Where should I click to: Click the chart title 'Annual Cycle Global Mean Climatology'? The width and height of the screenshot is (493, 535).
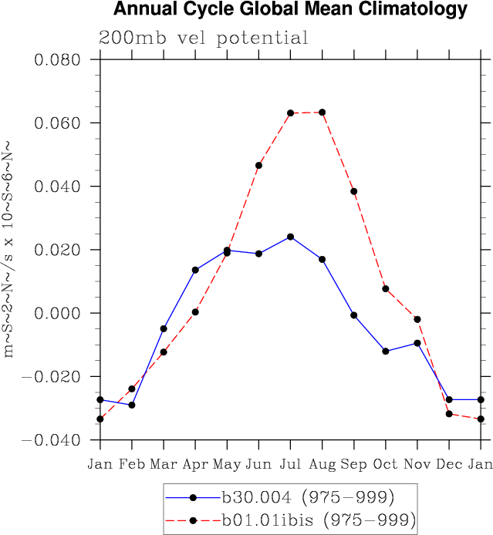tap(290, 10)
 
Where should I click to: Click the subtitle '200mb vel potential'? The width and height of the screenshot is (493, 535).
tap(204, 39)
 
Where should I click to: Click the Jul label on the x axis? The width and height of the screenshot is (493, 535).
tap(290, 464)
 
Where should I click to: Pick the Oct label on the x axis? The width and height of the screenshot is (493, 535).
tap(385, 464)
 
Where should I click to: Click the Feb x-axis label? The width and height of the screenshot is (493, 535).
tap(131, 464)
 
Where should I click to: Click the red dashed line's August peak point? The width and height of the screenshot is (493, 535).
tap(322, 113)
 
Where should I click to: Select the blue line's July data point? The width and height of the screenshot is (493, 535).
tap(290, 237)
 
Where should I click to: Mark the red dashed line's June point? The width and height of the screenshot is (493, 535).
tap(258, 166)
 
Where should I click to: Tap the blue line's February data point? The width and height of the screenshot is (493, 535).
tap(132, 405)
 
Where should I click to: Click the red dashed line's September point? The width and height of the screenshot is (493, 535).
tap(353, 191)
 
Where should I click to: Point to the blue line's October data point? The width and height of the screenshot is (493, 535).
tap(385, 352)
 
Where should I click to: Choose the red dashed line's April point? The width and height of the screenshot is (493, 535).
tap(195, 311)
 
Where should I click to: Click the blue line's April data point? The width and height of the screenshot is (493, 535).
tap(195, 270)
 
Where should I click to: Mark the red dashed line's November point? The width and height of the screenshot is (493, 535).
tap(417, 319)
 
